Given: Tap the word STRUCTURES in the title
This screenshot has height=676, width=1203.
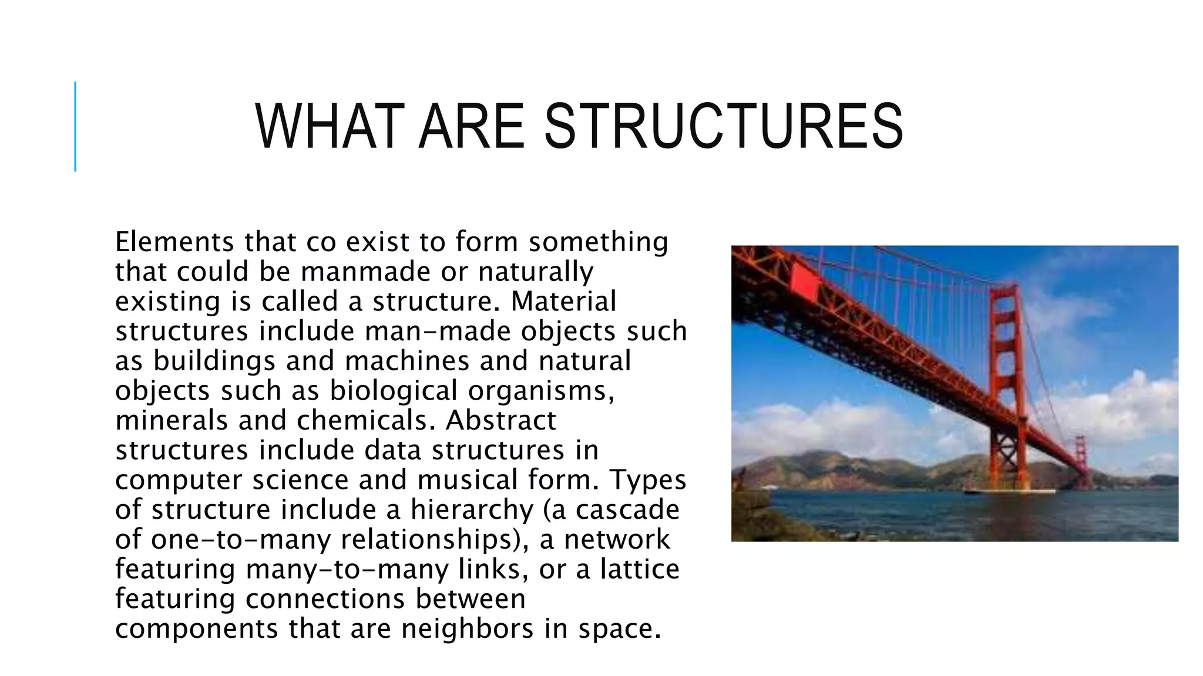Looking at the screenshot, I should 724,127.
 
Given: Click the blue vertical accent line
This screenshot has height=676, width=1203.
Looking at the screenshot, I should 75,126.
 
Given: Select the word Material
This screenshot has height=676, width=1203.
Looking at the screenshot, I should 563,302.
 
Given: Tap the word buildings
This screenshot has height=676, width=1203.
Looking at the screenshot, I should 214,361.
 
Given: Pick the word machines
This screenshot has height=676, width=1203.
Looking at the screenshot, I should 407,361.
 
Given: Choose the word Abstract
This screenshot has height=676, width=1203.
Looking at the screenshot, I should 500,421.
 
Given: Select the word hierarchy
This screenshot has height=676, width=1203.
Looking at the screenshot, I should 472,510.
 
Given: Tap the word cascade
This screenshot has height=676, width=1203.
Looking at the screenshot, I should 627,510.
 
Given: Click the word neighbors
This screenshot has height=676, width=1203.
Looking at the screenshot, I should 468,629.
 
